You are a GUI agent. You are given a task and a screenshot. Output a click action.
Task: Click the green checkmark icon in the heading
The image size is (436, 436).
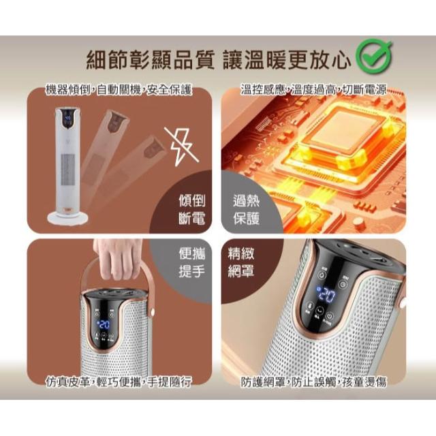point(374,57)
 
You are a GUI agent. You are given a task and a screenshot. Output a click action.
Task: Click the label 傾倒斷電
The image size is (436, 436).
point(192,209)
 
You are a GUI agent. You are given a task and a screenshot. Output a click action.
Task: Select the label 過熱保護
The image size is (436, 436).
point(247,209)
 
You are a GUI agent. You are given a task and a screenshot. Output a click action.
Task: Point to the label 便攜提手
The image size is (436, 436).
point(192,262)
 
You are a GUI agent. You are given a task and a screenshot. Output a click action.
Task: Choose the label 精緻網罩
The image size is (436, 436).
point(240,262)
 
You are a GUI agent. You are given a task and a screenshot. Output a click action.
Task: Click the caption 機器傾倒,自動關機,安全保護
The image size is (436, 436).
point(119,90)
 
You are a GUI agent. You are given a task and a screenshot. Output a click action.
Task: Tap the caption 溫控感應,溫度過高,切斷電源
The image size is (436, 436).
point(313,90)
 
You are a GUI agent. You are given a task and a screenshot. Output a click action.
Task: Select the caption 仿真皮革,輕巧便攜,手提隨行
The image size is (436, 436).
point(119,382)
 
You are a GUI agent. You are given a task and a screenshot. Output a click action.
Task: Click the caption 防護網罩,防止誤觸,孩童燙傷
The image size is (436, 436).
point(313,382)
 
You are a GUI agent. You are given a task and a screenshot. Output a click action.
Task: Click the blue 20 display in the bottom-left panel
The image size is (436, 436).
point(103,324)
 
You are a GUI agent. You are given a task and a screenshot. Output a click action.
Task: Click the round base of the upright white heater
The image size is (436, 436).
point(68,217)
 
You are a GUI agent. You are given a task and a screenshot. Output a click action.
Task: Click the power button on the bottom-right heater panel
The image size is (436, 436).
point(329,316)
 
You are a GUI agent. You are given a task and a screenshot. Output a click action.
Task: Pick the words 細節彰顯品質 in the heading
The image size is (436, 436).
point(150,60)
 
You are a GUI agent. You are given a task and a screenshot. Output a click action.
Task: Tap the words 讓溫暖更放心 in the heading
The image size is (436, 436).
point(286,60)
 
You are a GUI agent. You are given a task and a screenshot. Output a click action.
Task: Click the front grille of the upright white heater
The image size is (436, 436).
point(68,170)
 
